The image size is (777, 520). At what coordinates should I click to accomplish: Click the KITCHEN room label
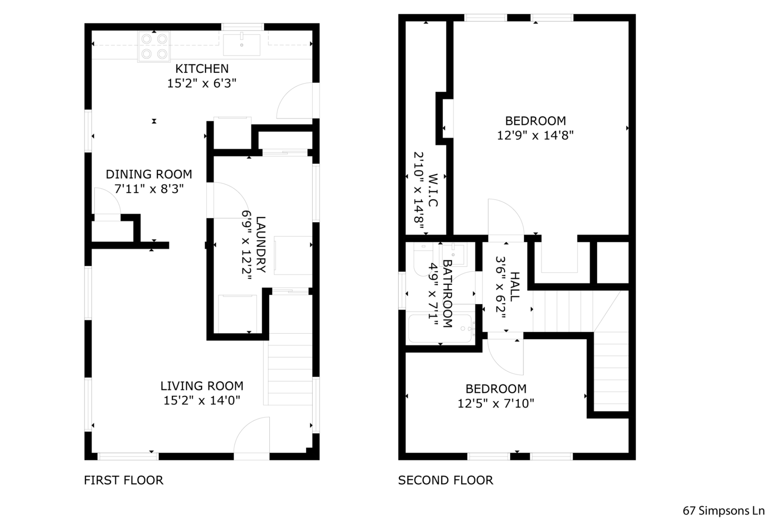pyautogui.click(x=202, y=69)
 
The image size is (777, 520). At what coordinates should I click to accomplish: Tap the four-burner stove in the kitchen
pyautogui.click(x=154, y=46)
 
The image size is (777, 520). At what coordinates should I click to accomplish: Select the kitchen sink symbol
pyautogui.click(x=241, y=45)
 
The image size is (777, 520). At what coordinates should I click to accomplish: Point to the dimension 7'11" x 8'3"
pyautogui.click(x=149, y=189)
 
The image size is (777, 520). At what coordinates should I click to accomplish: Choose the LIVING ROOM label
pyautogui.click(x=202, y=386)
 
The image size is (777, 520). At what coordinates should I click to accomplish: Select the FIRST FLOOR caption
pyautogui.click(x=123, y=480)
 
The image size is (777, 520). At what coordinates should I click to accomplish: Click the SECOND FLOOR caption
pyautogui.click(x=445, y=480)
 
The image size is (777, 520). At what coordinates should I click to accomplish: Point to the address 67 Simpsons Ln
pyautogui.click(x=723, y=511)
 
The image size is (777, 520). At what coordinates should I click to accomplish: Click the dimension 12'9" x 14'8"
pyautogui.click(x=535, y=136)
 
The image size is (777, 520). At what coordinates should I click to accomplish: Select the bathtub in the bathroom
pyautogui.click(x=440, y=328)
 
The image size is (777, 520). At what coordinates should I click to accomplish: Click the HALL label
pyautogui.click(x=514, y=287)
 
